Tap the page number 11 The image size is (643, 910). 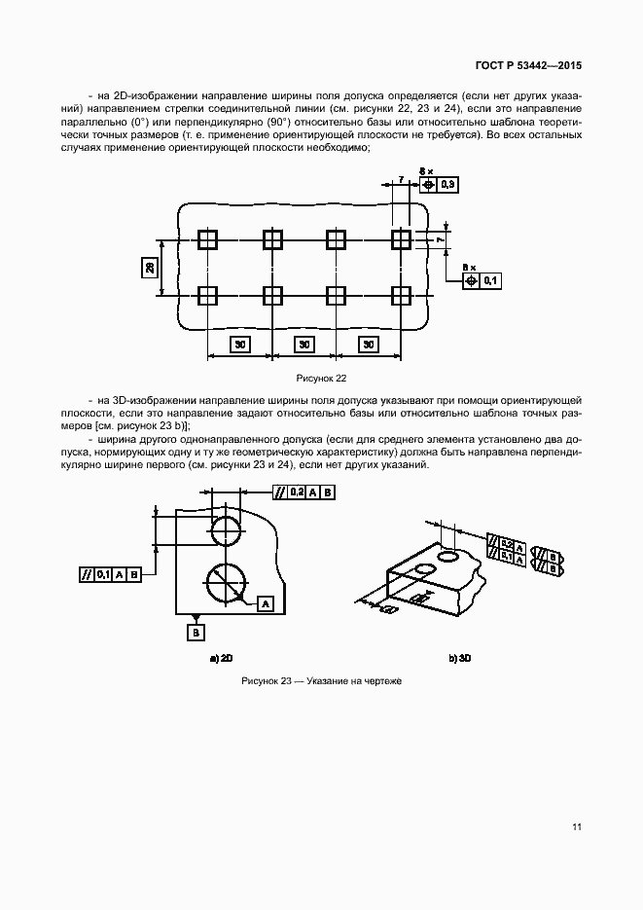[x=577, y=827]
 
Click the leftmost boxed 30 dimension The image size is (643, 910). [x=239, y=344]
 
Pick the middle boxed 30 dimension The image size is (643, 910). [x=304, y=344]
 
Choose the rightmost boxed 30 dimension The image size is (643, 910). [x=368, y=344]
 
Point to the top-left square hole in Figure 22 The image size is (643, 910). [x=207, y=239]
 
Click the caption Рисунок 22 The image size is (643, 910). [x=322, y=378]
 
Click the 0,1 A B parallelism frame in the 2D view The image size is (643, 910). [x=110, y=574]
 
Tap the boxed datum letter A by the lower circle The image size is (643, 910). [x=265, y=604]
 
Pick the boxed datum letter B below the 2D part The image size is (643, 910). [x=196, y=632]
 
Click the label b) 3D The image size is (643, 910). [x=460, y=659]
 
